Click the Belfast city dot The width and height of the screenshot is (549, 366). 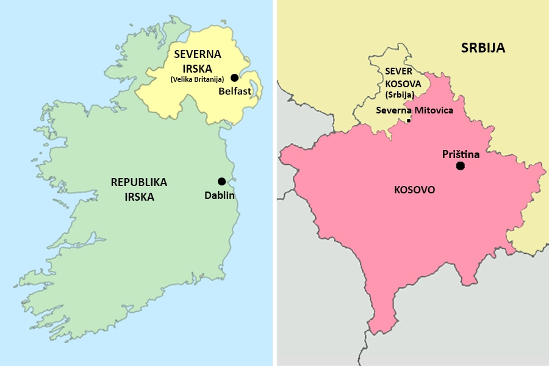[234, 78]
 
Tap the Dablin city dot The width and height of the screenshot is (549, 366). [221, 181]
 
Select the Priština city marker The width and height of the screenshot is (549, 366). [461, 166]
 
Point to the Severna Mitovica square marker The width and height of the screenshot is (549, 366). [409, 120]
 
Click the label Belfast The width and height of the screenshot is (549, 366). [235, 91]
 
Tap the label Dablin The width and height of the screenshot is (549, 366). [220, 195]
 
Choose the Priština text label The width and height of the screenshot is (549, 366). [461, 154]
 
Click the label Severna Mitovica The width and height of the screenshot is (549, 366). [414, 110]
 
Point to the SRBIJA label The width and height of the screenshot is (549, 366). [483, 48]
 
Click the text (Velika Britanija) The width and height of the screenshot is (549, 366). [197, 79]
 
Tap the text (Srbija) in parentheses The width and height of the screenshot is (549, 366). [400, 95]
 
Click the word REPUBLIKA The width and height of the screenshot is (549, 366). [138, 182]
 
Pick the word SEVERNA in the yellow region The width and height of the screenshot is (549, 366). [197, 54]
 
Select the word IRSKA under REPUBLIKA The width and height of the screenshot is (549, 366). [138, 197]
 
